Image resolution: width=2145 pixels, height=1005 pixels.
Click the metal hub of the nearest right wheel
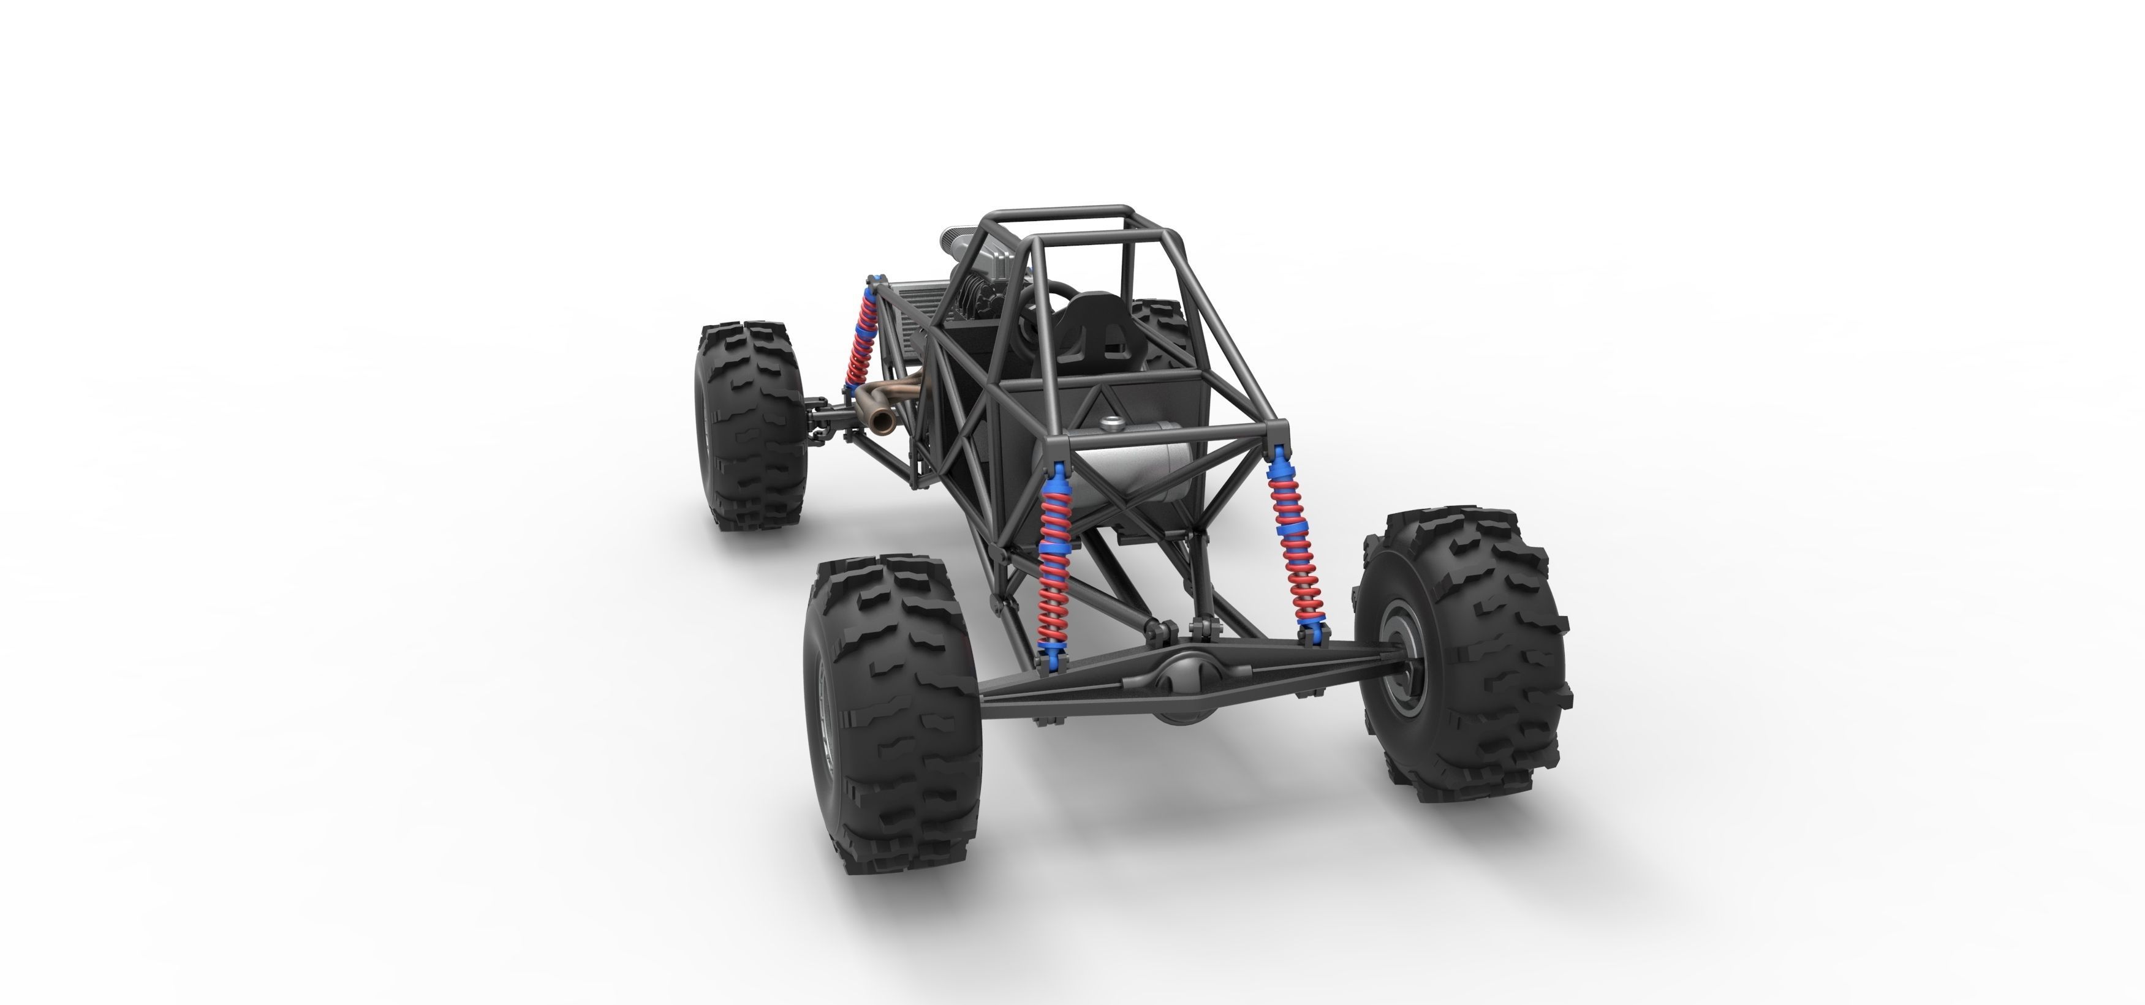(x=1401, y=658)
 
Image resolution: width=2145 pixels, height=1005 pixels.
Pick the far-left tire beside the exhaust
(x=749, y=424)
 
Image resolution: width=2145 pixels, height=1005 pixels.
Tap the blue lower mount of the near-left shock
(x=1050, y=658)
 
